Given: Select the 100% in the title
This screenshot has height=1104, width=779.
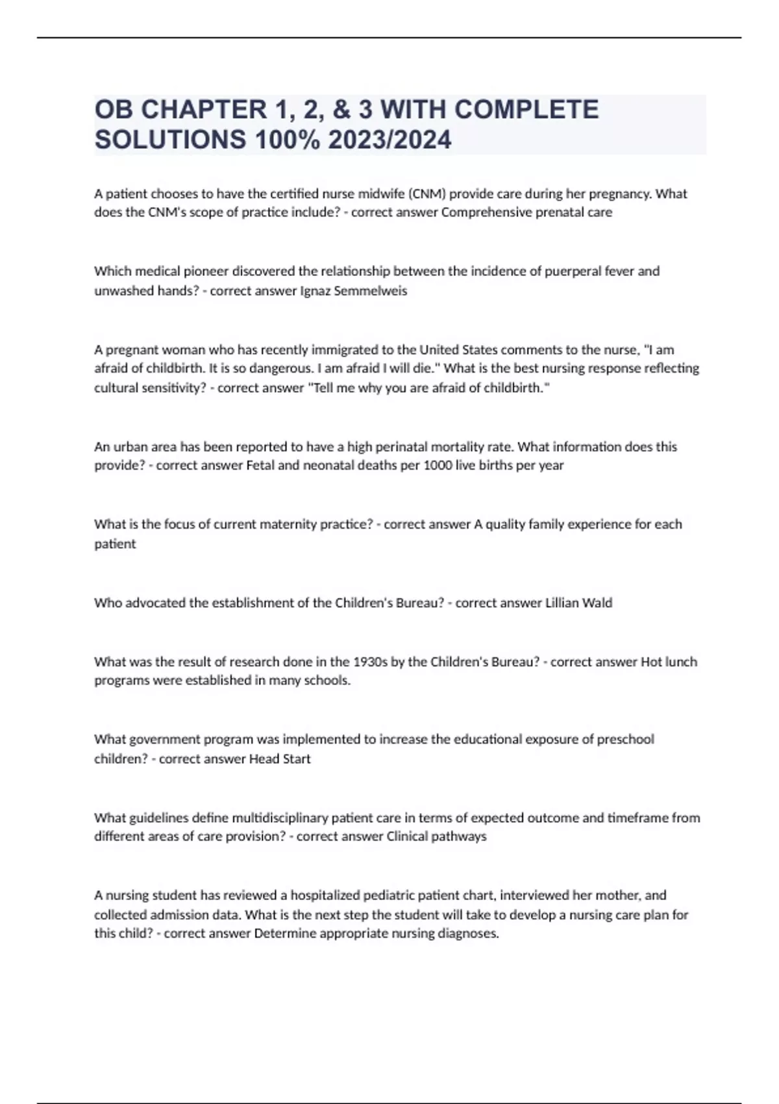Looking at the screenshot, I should [x=285, y=140].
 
